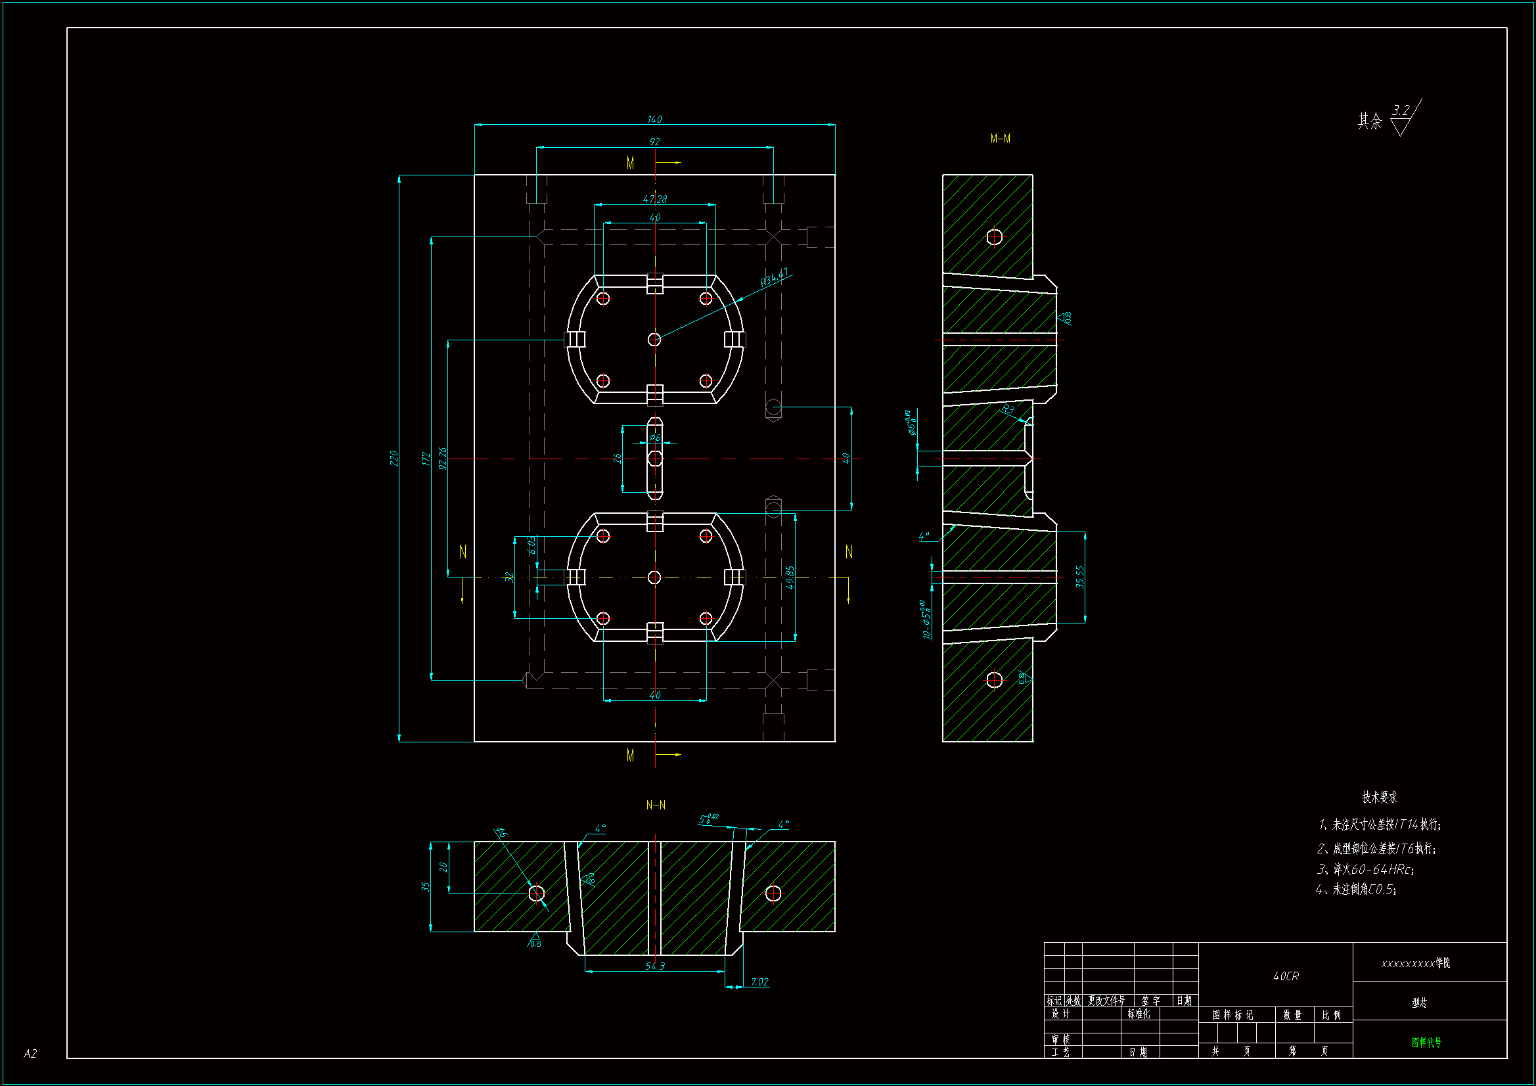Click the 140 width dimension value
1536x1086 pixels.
click(x=654, y=119)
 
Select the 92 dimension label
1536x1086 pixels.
click(x=654, y=141)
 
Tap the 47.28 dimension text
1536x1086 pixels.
click(x=654, y=198)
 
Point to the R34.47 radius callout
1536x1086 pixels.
click(x=774, y=277)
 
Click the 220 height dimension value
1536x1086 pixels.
click(x=394, y=459)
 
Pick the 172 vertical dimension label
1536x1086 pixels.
click(x=426, y=459)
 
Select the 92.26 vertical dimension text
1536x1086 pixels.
click(x=442, y=459)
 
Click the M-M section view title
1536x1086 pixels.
click(x=1000, y=139)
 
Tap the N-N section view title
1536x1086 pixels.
click(x=656, y=805)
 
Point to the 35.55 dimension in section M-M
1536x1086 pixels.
click(x=1080, y=577)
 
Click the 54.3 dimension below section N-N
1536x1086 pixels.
click(x=655, y=966)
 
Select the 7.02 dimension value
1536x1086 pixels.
click(x=759, y=982)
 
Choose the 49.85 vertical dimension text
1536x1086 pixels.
click(x=790, y=577)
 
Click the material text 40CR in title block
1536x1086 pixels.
click(x=1286, y=976)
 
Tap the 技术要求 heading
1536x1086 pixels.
click(x=1380, y=797)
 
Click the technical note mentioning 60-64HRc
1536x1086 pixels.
click(x=1365, y=869)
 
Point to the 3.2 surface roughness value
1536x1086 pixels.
click(x=1401, y=110)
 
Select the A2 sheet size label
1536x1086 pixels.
click(x=30, y=1054)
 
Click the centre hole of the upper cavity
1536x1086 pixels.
click(x=654, y=339)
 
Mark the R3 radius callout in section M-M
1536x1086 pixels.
click(x=1008, y=409)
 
